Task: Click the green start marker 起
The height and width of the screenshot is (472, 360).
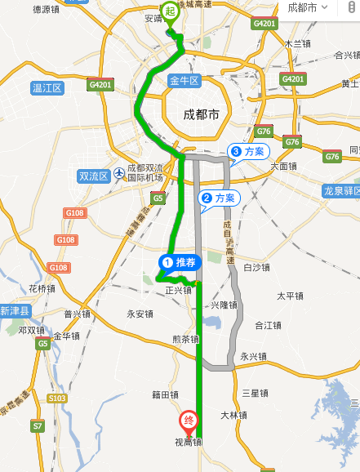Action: click(x=171, y=11)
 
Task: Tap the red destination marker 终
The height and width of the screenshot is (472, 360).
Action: click(x=188, y=421)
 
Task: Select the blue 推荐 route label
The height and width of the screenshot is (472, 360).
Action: click(x=179, y=262)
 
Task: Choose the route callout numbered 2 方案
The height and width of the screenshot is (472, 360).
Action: click(x=218, y=198)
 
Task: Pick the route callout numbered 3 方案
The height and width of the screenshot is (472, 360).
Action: click(x=247, y=151)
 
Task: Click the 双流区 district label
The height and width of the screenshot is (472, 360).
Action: click(x=93, y=176)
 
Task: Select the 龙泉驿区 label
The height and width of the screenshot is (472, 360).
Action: click(x=341, y=190)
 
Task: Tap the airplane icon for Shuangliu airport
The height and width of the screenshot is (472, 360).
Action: click(x=120, y=172)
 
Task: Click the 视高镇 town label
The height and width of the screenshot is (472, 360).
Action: click(x=187, y=443)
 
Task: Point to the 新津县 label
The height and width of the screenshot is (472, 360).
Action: click(x=15, y=311)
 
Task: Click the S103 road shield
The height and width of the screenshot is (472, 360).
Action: click(x=56, y=398)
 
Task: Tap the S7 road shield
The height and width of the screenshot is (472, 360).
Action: click(x=38, y=425)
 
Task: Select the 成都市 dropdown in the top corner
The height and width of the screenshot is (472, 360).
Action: click(x=307, y=7)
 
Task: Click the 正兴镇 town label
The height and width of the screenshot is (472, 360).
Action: click(x=178, y=290)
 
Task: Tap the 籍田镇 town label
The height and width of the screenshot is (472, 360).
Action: click(x=165, y=394)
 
